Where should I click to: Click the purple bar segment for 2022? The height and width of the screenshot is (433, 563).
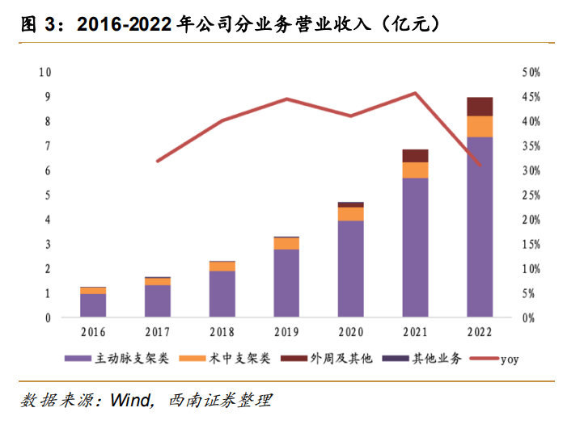coord(480,226)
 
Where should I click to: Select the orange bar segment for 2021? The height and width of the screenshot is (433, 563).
coord(415,170)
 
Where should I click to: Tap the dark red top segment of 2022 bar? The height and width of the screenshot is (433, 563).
coord(480,107)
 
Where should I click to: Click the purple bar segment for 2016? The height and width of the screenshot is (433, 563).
coord(93,305)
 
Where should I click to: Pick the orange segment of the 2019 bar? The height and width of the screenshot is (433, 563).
coord(286,243)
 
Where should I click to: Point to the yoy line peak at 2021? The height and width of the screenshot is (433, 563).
coord(415,93)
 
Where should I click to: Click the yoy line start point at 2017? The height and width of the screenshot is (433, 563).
coord(158,162)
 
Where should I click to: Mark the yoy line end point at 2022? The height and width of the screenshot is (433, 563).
coord(480,166)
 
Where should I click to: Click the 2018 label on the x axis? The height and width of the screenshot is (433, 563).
coord(222,331)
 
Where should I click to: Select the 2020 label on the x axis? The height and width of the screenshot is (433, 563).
coord(350,331)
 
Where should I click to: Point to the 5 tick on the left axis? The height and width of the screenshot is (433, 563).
coord(48,195)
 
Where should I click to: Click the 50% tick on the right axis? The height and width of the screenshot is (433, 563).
coord(531,72)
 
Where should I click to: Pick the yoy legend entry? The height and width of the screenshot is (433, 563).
coord(507,359)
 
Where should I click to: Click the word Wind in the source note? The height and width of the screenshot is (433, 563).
coord(129,400)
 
